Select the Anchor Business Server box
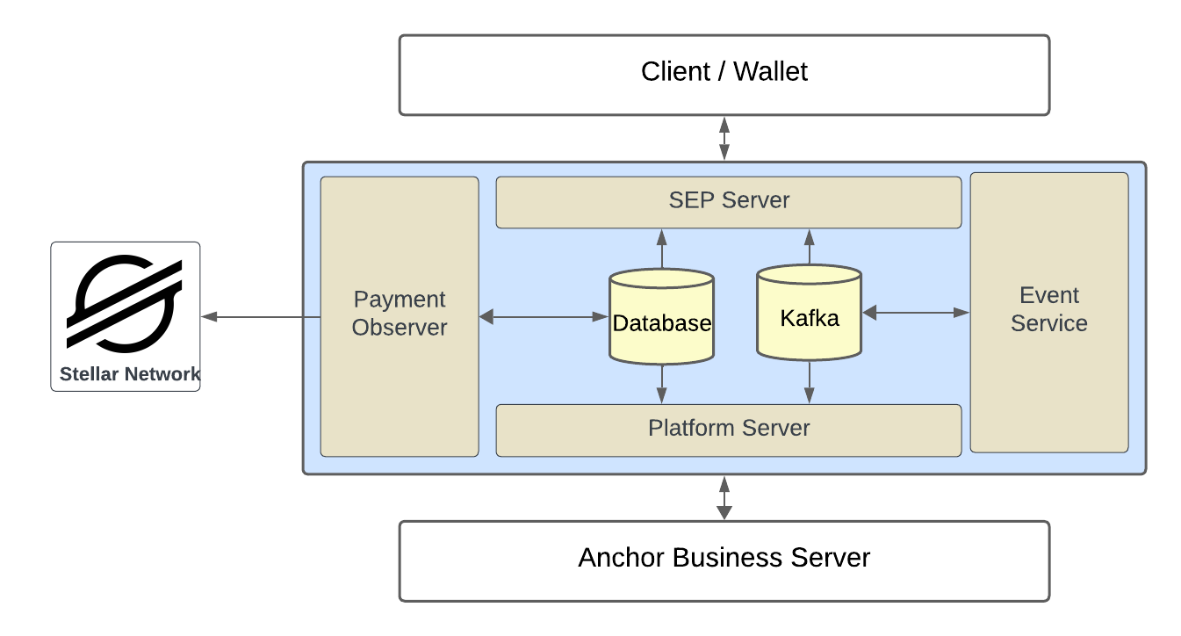(724, 560)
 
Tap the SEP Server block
(729, 201)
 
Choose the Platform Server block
(729, 430)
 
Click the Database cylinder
(661, 317)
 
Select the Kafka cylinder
(809, 314)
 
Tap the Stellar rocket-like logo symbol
(125, 303)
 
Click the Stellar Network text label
(129, 374)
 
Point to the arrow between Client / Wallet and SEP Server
(724, 138)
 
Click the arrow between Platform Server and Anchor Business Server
(724, 497)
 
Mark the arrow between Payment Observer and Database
(544, 316)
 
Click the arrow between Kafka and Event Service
(916, 312)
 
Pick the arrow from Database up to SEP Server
(661, 249)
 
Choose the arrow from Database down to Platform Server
(661, 383)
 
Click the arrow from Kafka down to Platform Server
(809, 382)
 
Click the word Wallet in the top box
(770, 72)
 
